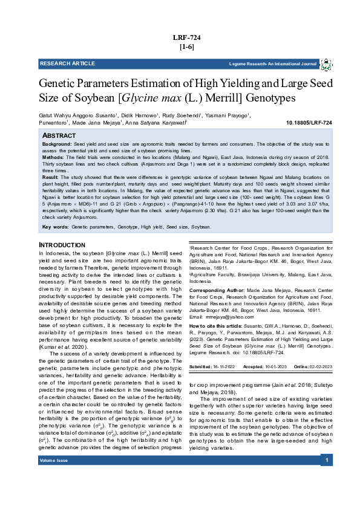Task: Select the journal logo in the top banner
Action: (326, 64)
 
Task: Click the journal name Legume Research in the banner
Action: (273, 63)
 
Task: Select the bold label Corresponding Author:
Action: (217, 291)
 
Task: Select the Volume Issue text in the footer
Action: (54, 477)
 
